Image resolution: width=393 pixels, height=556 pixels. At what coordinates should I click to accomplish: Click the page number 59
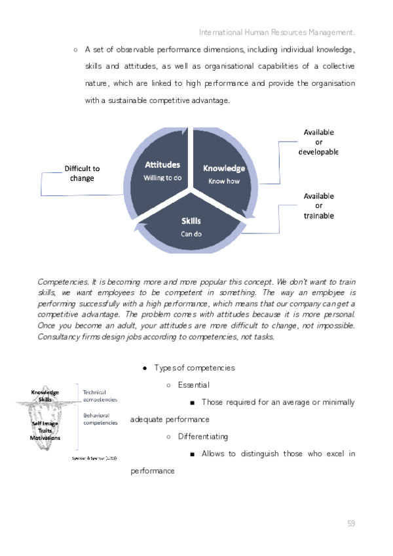pos(351,523)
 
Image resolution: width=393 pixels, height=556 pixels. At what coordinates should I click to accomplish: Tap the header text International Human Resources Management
pos(278,31)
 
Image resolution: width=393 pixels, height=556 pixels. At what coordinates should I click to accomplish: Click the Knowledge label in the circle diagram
pos(224,169)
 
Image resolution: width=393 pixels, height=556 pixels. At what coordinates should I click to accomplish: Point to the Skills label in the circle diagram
pos(191,221)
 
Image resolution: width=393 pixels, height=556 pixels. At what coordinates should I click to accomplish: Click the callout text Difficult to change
pos(82,173)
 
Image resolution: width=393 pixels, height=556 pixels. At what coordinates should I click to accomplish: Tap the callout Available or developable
pos(318,142)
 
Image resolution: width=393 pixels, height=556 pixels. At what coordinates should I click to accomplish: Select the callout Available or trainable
pos(318,205)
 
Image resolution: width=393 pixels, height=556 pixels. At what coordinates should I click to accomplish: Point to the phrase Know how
pos(224,181)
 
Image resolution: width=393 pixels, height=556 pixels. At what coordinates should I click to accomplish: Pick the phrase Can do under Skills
pos(191,233)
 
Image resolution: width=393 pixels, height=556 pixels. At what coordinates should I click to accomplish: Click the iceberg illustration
pos(46,420)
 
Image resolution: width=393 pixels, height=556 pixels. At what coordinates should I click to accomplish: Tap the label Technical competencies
pos(100,395)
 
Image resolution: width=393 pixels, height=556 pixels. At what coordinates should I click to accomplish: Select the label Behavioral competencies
pos(100,419)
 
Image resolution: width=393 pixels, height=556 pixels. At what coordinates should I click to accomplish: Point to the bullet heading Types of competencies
pos(194,368)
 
